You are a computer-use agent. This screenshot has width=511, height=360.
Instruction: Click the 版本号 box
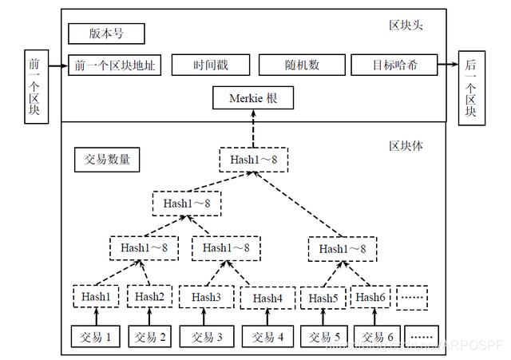[x=106, y=34]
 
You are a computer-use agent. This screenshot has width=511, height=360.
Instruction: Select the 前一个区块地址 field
[x=115, y=65]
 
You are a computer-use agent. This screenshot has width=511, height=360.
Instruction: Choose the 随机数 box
[x=301, y=65]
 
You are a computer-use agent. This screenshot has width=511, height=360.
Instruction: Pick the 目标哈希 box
[x=394, y=65]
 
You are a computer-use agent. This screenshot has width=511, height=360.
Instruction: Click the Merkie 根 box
[x=252, y=99]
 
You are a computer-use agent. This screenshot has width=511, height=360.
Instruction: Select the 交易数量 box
[x=107, y=159]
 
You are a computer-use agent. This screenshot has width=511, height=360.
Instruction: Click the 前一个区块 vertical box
[x=34, y=86]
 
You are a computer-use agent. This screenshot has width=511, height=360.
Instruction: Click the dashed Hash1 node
[x=96, y=297]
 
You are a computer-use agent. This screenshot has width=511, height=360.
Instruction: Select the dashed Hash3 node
[x=206, y=297]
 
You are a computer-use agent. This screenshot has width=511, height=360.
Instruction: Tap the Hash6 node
[x=371, y=298]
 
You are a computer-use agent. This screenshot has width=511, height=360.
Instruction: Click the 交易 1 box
[x=96, y=337]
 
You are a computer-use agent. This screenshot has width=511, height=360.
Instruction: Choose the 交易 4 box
[x=267, y=337]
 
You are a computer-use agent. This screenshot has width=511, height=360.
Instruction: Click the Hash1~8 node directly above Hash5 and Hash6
[x=342, y=249]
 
